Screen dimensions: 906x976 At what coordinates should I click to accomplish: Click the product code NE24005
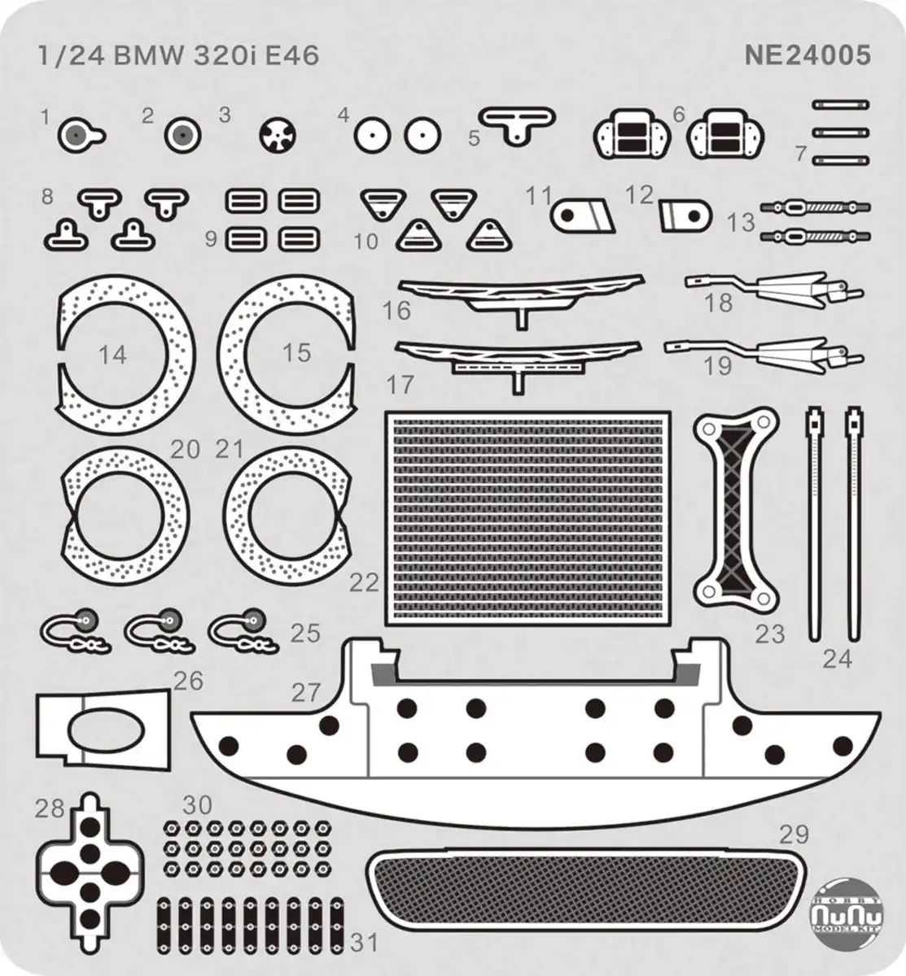808,55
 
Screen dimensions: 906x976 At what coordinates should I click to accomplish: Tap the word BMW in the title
148,55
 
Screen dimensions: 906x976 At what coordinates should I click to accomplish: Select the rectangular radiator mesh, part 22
528,518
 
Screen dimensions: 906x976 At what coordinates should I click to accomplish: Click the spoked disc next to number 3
278,134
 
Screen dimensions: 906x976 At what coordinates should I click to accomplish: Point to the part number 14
112,355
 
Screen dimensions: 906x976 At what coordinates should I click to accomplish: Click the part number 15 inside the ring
297,352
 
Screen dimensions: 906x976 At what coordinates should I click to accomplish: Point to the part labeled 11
582,216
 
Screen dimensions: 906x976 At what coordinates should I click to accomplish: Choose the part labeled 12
685,216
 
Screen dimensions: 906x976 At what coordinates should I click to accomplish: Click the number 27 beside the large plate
306,693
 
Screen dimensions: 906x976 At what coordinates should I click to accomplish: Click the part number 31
365,943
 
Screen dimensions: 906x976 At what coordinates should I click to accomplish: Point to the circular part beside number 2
182,134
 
